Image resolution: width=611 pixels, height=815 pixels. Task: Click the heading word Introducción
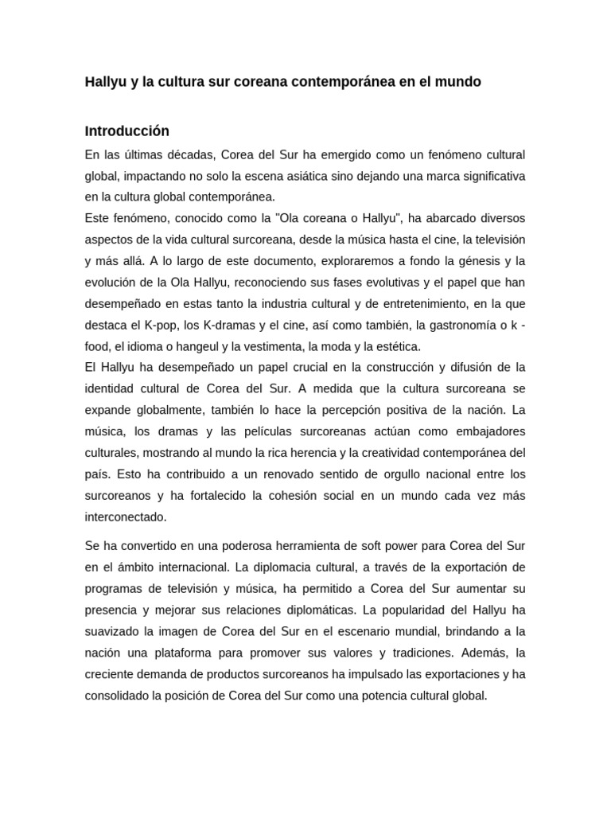pyautogui.click(x=127, y=131)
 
